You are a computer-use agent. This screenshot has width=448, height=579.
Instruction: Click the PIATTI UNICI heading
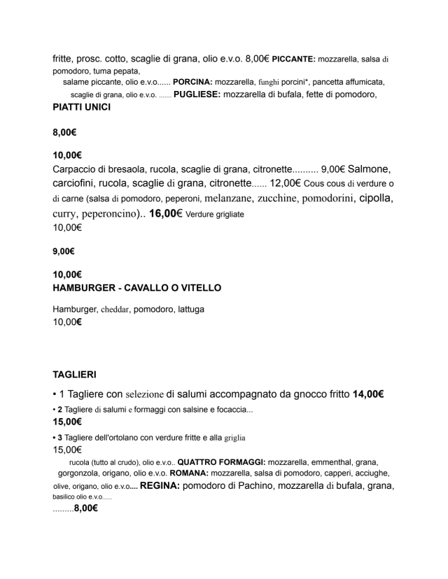click(x=81, y=108)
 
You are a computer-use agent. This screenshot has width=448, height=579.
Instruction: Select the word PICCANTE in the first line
click(x=294, y=59)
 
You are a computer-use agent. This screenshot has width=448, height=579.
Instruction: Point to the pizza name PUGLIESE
click(x=197, y=94)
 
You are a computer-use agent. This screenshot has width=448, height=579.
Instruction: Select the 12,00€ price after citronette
click(x=285, y=184)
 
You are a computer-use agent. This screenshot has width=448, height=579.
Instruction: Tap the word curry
click(x=65, y=214)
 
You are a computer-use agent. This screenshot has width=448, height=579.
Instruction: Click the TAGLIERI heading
click(x=74, y=375)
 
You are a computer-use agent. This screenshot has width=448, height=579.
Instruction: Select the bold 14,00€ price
click(x=367, y=394)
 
